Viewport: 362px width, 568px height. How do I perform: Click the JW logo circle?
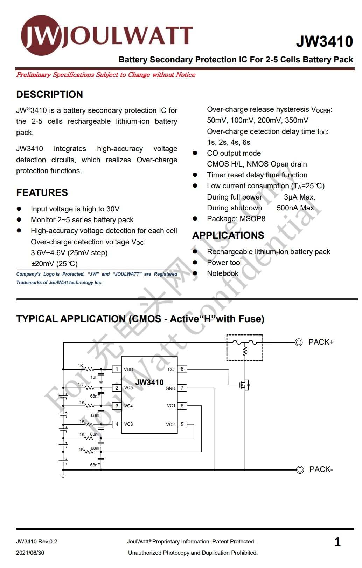click(x=41, y=35)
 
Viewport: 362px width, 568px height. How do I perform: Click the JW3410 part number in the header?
click(x=324, y=41)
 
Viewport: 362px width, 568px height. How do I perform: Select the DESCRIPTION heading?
click(x=49, y=94)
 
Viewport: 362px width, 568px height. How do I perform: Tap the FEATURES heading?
click(x=42, y=192)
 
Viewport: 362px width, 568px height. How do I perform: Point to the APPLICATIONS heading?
click(x=228, y=235)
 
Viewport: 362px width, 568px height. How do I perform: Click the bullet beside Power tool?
click(x=195, y=262)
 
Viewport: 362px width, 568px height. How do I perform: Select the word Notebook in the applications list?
click(x=222, y=273)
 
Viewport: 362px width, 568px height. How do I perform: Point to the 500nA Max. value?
click(x=296, y=208)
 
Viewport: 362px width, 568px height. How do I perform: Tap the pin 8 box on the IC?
click(x=182, y=369)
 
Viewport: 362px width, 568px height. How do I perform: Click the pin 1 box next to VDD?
click(x=117, y=369)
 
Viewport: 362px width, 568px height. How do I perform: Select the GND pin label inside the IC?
click(x=170, y=388)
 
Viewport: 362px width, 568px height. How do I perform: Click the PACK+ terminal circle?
click(x=299, y=342)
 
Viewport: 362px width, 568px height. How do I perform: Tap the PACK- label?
click(x=321, y=469)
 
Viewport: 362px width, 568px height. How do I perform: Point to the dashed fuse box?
click(x=245, y=347)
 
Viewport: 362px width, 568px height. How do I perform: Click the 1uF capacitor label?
click(x=94, y=377)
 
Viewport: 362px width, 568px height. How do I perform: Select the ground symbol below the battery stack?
click(x=63, y=475)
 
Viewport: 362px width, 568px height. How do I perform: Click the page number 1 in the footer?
click(x=337, y=542)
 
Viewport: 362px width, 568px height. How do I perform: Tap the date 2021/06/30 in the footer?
click(x=30, y=553)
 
